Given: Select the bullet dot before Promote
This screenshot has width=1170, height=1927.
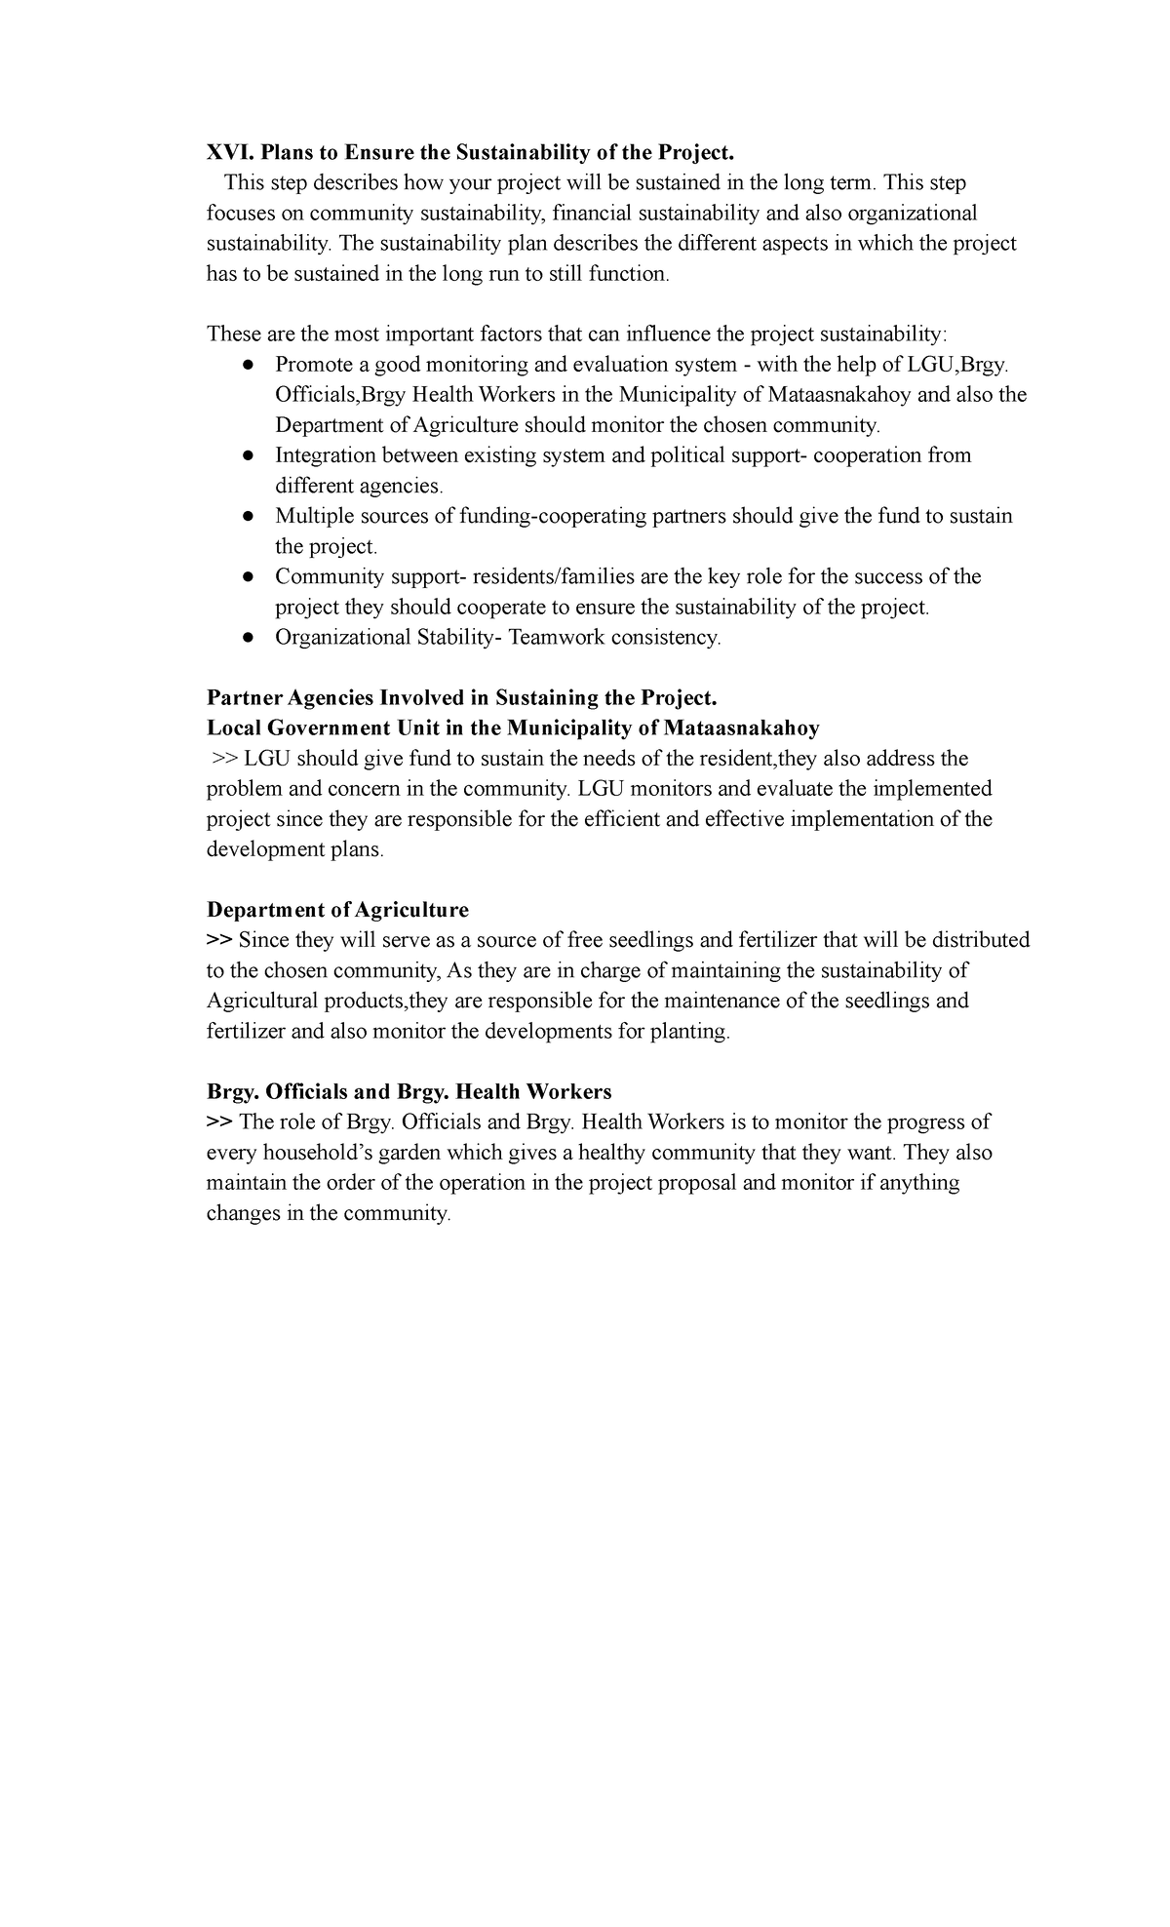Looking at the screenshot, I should [x=249, y=365].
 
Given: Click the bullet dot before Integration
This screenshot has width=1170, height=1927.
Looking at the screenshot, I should [x=249, y=455].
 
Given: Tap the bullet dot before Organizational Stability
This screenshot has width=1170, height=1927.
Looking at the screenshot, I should [x=249, y=637].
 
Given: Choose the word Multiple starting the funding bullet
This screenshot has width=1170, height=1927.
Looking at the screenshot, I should [x=313, y=516].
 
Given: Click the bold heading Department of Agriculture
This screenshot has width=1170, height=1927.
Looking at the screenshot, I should [x=337, y=909].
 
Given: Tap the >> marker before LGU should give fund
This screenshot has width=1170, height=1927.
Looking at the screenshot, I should [x=225, y=759].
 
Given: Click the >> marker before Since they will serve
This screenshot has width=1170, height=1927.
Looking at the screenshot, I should [x=219, y=940].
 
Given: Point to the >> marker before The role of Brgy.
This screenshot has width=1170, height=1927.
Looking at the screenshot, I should [x=219, y=1121].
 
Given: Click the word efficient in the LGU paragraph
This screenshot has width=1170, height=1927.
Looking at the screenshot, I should [x=622, y=819].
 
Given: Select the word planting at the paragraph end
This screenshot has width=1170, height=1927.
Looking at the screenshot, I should [x=693, y=1031].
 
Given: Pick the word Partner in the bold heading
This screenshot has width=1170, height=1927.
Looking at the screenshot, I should [x=244, y=697].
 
